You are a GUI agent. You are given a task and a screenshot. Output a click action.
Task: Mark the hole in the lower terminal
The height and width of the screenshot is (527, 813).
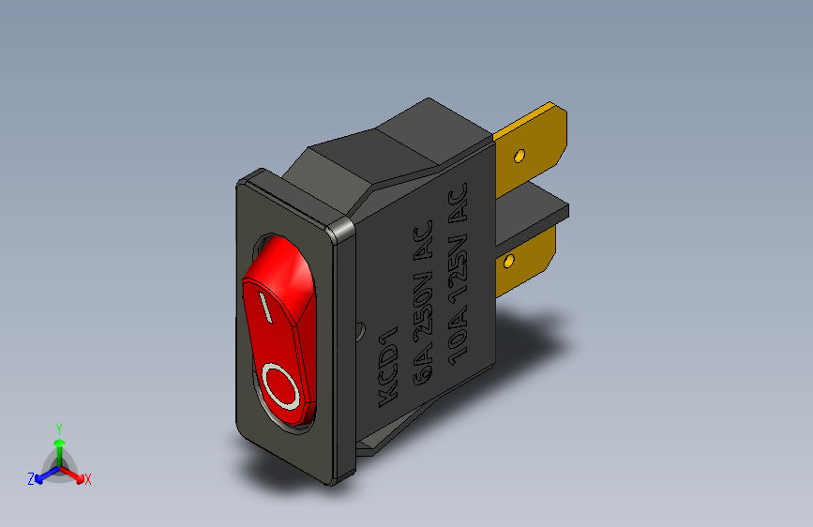tap(510, 259)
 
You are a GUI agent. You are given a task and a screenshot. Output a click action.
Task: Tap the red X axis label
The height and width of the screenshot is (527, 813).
tap(87, 480)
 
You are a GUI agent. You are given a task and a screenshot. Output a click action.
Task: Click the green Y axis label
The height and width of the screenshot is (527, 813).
tap(58, 428)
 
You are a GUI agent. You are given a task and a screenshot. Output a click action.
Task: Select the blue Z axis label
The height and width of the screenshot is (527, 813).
tap(31, 478)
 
